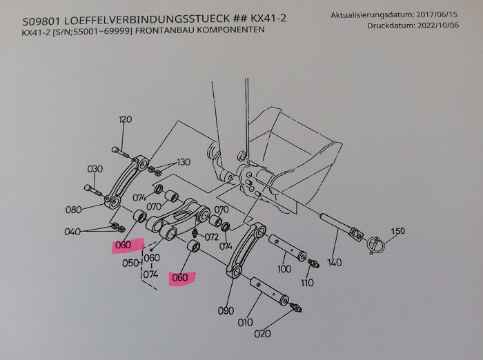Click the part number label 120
(x=125, y=120)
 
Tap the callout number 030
(x=95, y=169)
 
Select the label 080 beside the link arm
(x=74, y=210)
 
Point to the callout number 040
(x=72, y=232)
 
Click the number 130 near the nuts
(x=183, y=163)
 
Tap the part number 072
(x=212, y=237)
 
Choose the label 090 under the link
(x=226, y=311)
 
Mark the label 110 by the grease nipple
(x=307, y=283)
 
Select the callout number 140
(x=335, y=263)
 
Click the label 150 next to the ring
(x=397, y=230)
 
